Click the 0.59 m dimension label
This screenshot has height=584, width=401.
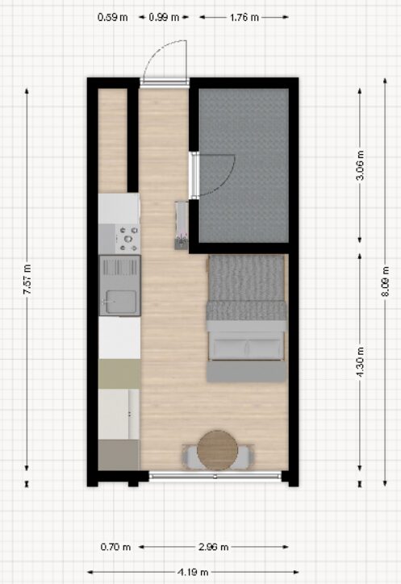tap(112, 17)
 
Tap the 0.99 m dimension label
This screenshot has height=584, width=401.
tap(164, 17)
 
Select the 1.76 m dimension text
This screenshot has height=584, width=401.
tap(244, 17)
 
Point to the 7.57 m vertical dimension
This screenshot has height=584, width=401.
tap(27, 279)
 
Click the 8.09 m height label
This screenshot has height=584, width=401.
tap(385, 282)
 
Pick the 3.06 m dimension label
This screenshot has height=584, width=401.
tap(360, 165)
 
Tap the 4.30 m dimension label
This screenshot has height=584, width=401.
tap(360, 362)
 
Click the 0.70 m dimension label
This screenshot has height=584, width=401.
tap(115, 547)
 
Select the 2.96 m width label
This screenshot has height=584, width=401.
tap(213, 547)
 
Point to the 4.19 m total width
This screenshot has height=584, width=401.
tap(193, 572)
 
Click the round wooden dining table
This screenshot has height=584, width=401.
tap(217, 450)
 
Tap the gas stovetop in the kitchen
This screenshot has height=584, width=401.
tap(127, 239)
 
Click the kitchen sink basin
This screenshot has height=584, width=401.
tap(121, 302)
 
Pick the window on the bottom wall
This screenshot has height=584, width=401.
tap(215, 476)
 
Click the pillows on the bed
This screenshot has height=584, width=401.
tap(246, 349)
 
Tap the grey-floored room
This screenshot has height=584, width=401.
tap(244, 165)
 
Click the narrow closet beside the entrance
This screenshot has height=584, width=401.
tap(112, 140)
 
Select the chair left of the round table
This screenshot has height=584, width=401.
tap(190, 457)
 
